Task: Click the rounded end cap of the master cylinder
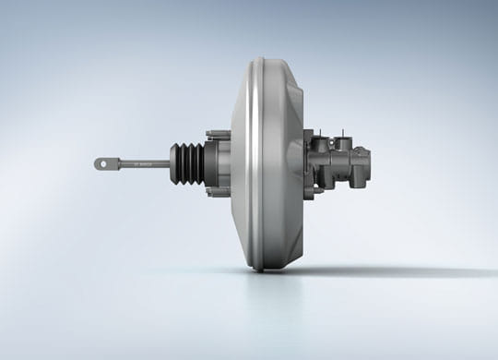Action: [367, 164]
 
